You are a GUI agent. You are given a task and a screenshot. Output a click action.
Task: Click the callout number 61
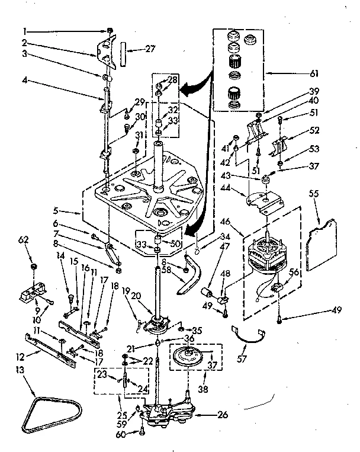[x=314, y=74]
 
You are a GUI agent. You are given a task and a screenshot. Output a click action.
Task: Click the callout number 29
[x=139, y=102]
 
